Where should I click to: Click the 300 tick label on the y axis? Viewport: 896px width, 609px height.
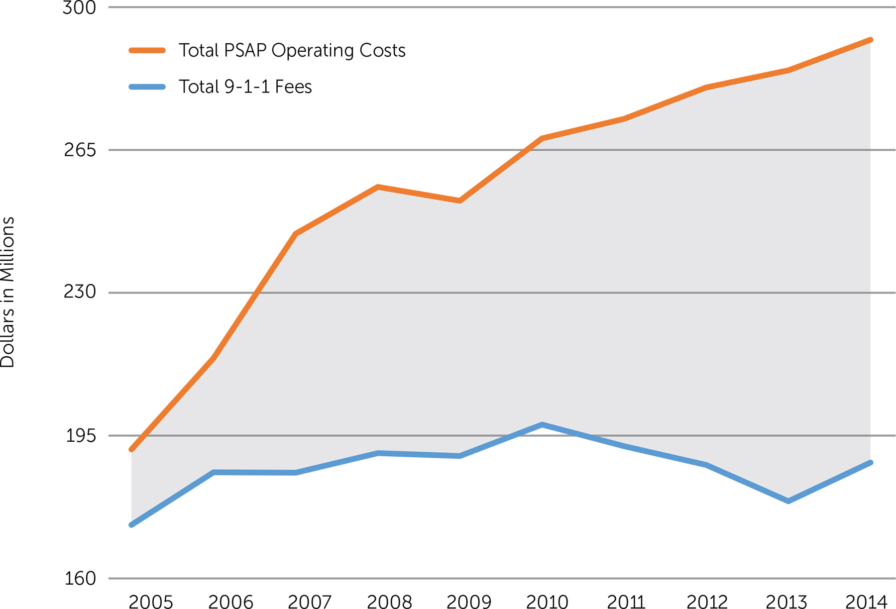click(x=79, y=8)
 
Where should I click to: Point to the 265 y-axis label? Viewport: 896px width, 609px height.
click(x=80, y=149)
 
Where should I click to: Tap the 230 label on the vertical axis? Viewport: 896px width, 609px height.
click(x=80, y=292)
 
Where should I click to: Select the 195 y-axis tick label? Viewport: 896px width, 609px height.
click(x=81, y=435)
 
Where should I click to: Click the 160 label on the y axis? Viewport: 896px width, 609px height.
click(x=80, y=578)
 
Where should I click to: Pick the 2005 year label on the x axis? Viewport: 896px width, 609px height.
click(x=151, y=602)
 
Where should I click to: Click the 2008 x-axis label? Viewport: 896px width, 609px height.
click(x=389, y=602)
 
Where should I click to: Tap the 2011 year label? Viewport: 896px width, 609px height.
click(x=626, y=602)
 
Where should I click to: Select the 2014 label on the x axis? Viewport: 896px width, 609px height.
click(x=866, y=602)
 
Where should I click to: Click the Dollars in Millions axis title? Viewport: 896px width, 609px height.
click(x=8, y=293)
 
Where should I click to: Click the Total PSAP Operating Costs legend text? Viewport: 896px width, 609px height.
click(x=292, y=50)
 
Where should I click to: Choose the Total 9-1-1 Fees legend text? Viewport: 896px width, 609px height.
click(x=245, y=87)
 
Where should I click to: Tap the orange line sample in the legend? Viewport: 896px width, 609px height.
click(x=147, y=50)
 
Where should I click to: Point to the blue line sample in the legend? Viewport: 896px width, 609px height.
click(x=147, y=87)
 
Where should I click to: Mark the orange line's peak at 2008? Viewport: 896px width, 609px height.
click(x=378, y=187)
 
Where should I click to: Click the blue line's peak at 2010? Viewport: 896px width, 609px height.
click(x=542, y=424)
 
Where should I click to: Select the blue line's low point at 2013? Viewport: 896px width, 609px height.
click(x=788, y=501)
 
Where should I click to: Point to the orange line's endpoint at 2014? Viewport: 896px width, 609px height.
click(x=871, y=40)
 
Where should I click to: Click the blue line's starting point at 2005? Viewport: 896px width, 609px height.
click(x=131, y=525)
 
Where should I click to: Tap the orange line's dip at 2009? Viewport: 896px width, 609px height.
click(x=460, y=201)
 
